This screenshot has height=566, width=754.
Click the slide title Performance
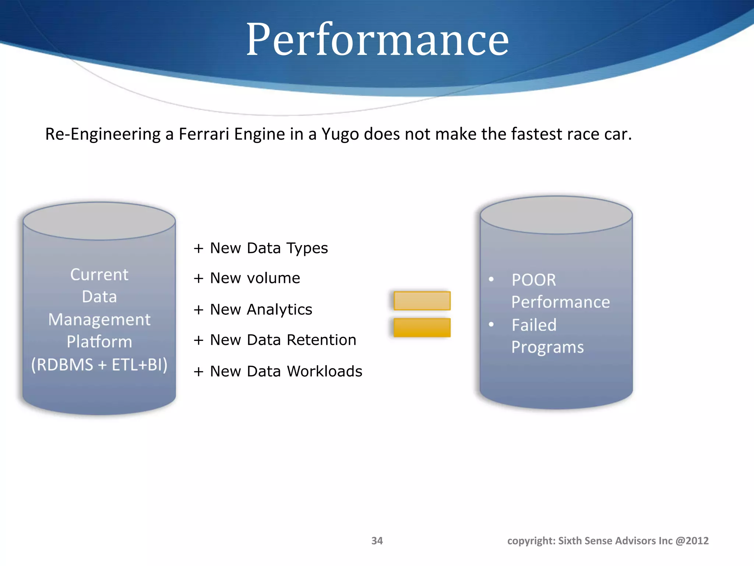coord(377,40)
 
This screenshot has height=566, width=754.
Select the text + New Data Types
coord(261,248)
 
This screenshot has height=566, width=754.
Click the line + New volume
coord(247,278)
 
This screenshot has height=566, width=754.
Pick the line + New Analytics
coord(253,310)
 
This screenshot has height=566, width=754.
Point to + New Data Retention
coord(275,340)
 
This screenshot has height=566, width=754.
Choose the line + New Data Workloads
coord(278,371)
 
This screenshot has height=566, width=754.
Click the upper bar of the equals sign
coord(422,301)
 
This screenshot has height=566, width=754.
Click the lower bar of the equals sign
coord(422,328)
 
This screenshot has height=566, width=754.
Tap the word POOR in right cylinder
coord(534,280)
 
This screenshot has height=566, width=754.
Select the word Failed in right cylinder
coord(534,325)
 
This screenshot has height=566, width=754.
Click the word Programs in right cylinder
coord(547,347)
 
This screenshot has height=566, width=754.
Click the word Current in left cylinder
coord(99,275)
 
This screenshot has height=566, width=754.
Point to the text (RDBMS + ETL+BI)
coord(99,365)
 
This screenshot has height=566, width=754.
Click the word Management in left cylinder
coord(99,319)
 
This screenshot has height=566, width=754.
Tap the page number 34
coord(377,541)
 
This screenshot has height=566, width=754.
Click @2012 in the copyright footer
coord(692,541)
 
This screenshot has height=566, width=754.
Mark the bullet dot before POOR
coord(491,279)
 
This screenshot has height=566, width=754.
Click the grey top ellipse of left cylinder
coord(99,221)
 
